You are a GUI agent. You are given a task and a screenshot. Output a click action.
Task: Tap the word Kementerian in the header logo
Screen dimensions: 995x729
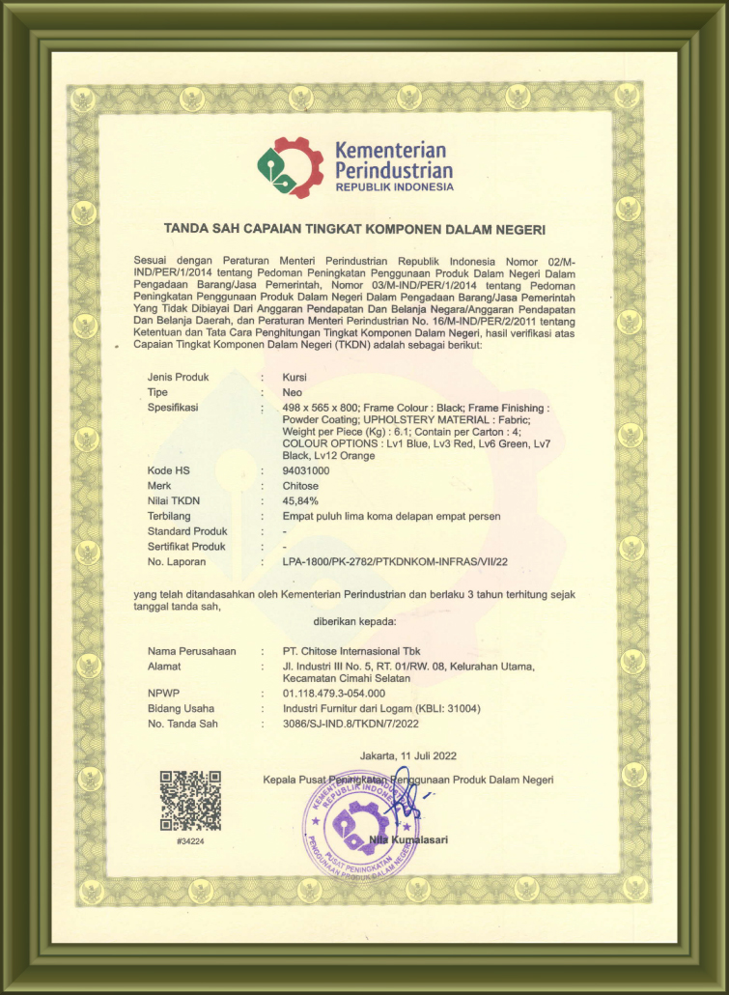click(390, 151)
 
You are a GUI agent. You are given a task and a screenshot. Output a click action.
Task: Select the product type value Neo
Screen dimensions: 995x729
click(292, 392)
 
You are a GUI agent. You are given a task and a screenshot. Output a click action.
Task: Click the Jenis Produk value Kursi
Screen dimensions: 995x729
click(294, 377)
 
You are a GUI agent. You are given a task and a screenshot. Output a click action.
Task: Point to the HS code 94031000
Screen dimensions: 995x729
click(306, 470)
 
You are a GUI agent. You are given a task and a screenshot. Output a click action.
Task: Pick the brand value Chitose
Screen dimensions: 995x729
click(301, 486)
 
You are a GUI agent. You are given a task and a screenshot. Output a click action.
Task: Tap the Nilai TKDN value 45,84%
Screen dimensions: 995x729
click(300, 501)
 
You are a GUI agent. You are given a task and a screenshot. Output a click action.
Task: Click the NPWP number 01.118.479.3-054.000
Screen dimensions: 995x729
click(333, 694)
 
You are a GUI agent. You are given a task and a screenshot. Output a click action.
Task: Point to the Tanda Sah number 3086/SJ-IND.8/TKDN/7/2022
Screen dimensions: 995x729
click(351, 724)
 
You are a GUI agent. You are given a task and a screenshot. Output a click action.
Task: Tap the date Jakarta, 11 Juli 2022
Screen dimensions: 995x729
click(396, 754)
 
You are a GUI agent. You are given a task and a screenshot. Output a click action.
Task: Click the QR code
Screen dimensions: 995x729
click(190, 801)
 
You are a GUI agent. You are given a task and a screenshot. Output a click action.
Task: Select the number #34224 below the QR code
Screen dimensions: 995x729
click(190, 841)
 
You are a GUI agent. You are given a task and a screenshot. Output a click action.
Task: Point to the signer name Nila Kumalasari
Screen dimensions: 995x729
click(408, 839)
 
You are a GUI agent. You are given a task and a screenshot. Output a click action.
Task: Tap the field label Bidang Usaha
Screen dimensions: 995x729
click(181, 709)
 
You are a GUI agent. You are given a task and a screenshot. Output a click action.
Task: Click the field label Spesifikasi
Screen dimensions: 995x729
click(173, 408)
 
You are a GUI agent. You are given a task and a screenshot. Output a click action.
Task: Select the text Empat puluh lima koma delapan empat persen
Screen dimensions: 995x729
click(391, 516)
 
